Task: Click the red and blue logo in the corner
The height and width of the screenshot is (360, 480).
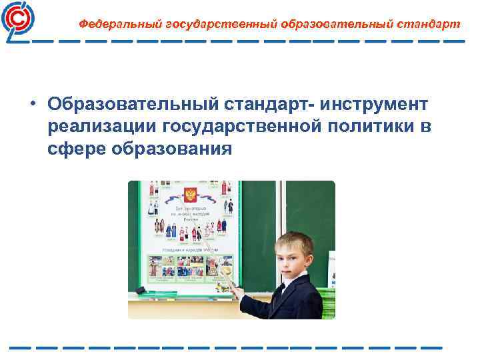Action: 19,21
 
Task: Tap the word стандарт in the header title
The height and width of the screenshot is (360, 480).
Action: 427,24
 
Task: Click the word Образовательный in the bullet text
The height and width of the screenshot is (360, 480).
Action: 123,104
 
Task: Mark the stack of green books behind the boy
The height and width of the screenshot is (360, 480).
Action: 328,302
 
